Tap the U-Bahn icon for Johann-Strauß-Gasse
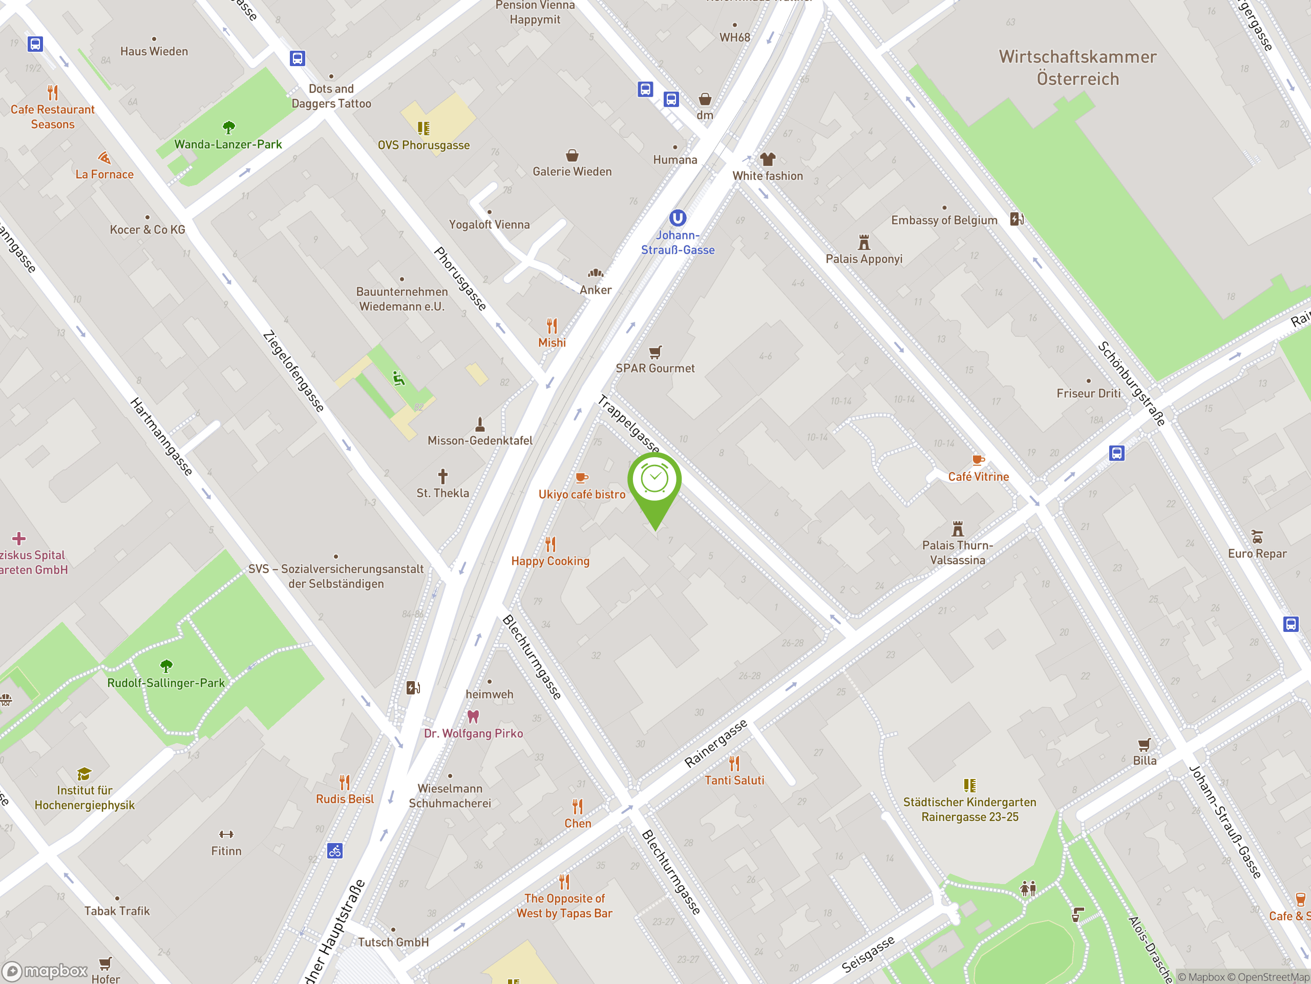[678, 218]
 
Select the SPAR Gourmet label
[654, 368]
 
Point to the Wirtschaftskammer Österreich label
[1077, 68]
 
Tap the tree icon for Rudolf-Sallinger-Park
[166, 666]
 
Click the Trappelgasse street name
[628, 423]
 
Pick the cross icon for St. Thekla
[443, 476]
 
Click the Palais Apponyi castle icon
[863, 242]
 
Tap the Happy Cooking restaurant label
[550, 561]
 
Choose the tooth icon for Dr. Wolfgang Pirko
[473, 716]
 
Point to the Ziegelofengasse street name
[293, 371]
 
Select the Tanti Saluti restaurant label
[734, 781]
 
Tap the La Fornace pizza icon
[104, 158]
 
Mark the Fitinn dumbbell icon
[226, 834]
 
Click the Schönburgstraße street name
[1131, 383]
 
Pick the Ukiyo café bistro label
[581, 495]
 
